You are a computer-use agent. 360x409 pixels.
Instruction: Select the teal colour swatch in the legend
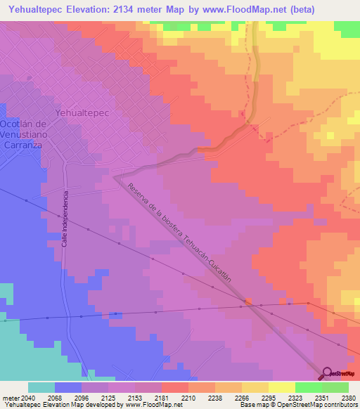point(41,387)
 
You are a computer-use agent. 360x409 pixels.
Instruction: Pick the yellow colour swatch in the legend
point(281,387)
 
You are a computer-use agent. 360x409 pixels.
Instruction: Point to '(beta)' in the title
point(309,10)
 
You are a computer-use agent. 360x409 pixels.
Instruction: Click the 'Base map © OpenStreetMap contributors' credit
point(298,405)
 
